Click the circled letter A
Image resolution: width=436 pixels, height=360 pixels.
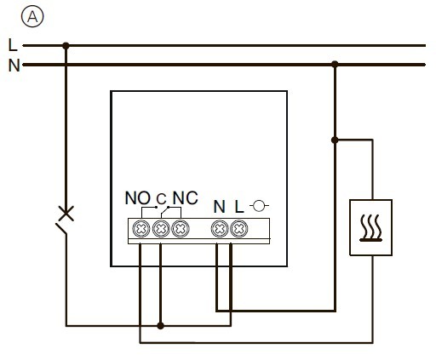31,15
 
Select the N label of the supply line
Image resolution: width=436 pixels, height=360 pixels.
13,65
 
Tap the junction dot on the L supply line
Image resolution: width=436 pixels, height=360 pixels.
66,45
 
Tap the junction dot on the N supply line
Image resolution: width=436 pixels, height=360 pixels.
336,64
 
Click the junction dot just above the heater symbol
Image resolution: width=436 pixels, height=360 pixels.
336,140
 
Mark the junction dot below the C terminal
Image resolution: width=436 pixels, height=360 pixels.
159,325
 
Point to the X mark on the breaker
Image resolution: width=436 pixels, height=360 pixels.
65,213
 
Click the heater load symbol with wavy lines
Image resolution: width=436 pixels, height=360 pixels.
370,227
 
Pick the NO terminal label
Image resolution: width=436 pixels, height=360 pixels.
136,199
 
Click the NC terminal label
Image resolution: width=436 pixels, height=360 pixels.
185,199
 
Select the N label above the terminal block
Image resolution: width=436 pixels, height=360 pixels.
219,205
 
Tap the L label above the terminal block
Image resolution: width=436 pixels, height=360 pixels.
239,205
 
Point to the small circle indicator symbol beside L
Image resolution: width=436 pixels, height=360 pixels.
260,205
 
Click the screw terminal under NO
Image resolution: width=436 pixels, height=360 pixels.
141,228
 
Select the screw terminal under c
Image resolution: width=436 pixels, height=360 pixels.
160,228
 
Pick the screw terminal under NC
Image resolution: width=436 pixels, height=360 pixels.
179,228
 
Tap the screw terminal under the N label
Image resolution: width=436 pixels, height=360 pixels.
219,228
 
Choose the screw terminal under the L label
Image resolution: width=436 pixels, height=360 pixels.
238,228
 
